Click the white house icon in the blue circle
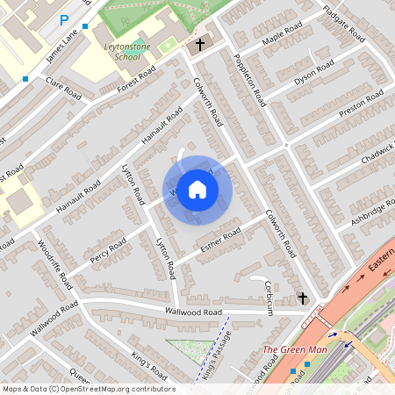point(197,189)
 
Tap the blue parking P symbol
point(63,19)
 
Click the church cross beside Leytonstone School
point(199,44)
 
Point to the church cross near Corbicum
point(303,298)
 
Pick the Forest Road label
point(136,79)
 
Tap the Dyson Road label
point(314,71)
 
